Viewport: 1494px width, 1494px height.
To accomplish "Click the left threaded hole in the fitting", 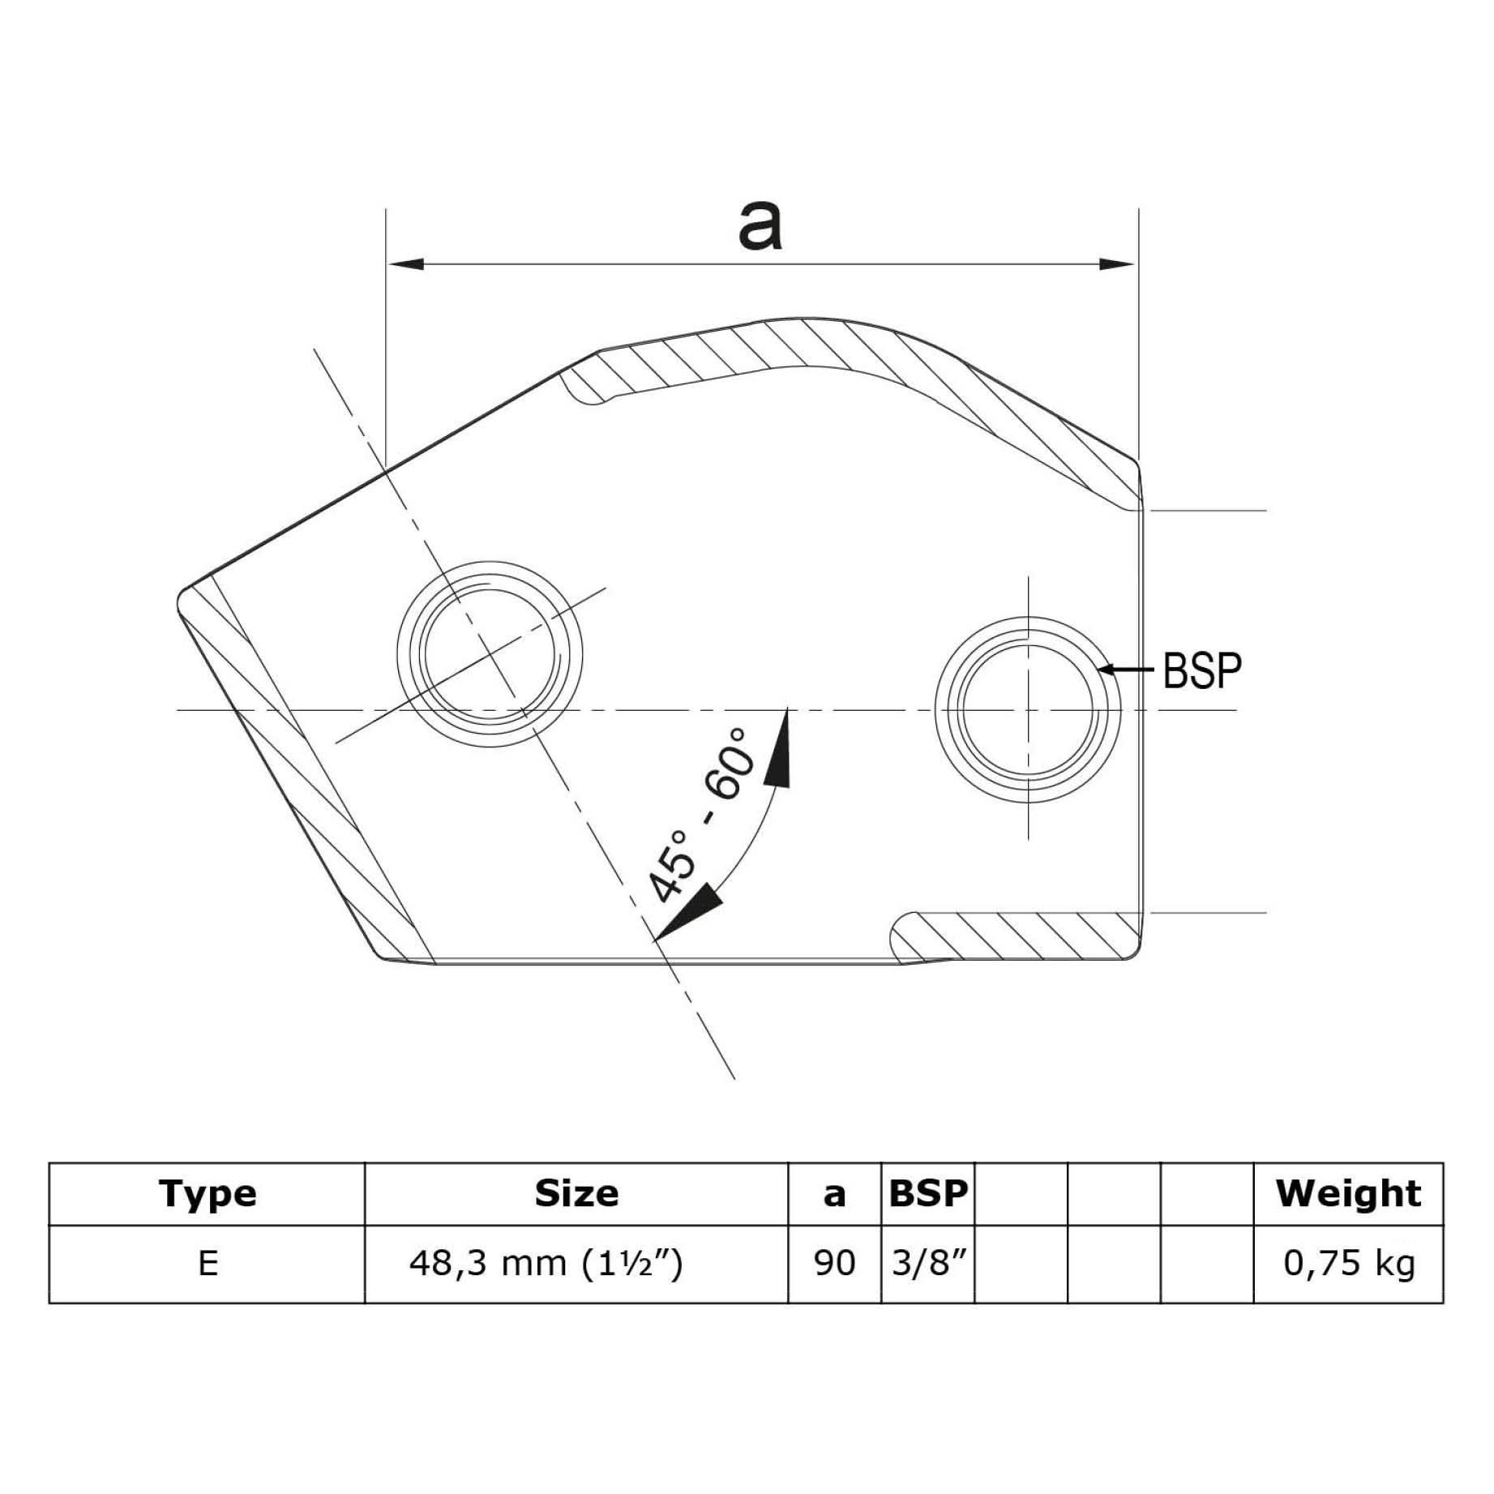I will click(x=490, y=653).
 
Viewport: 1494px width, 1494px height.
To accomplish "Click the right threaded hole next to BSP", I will click(x=1027, y=710).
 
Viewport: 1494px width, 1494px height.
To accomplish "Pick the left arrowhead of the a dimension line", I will click(x=405, y=264).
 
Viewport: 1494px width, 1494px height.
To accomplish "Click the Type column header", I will click(x=208, y=1194).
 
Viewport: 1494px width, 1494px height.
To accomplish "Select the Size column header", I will click(x=576, y=1194).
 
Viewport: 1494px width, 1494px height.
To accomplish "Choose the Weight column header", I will click(x=1348, y=1194).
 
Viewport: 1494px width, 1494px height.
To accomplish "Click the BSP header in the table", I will click(x=927, y=1194).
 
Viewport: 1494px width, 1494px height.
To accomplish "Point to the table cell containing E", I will click(x=208, y=1263).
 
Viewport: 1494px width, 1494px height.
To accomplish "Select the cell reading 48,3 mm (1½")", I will click(x=546, y=1263).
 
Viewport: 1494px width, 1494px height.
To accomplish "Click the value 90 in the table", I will click(x=834, y=1263).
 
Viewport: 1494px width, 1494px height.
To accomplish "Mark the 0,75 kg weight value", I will click(x=1349, y=1263).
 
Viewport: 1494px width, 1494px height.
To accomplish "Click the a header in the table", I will click(x=834, y=1195).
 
